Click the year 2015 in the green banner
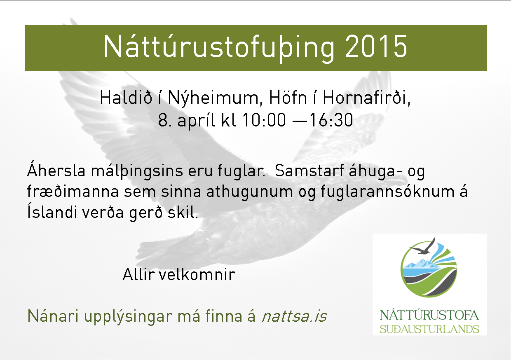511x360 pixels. (x=376, y=46)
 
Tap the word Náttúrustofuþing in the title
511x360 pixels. (x=219, y=48)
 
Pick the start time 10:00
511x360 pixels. (x=264, y=120)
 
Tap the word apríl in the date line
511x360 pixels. (x=197, y=121)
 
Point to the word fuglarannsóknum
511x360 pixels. (x=388, y=192)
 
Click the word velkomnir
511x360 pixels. (x=197, y=274)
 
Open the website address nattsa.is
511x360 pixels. (x=295, y=316)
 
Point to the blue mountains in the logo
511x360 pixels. (x=422, y=263)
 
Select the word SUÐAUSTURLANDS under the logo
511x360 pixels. (x=429, y=329)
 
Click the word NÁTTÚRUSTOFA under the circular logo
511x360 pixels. (x=429, y=315)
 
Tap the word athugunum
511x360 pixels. (x=249, y=192)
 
